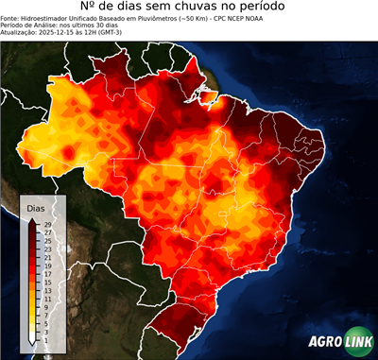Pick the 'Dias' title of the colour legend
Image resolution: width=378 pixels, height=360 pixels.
(x=36, y=208)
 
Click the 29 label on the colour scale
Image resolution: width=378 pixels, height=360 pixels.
(x=46, y=225)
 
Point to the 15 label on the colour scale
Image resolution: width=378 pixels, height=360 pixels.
(x=46, y=282)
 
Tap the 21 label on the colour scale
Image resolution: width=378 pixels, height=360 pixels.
(x=46, y=257)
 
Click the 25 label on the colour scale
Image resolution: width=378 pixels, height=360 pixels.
(x=46, y=241)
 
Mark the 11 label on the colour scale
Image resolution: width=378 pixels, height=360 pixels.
(x=46, y=299)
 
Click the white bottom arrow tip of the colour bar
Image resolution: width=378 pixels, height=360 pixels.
(x=32, y=344)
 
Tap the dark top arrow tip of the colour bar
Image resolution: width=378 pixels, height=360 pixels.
(x=32, y=220)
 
